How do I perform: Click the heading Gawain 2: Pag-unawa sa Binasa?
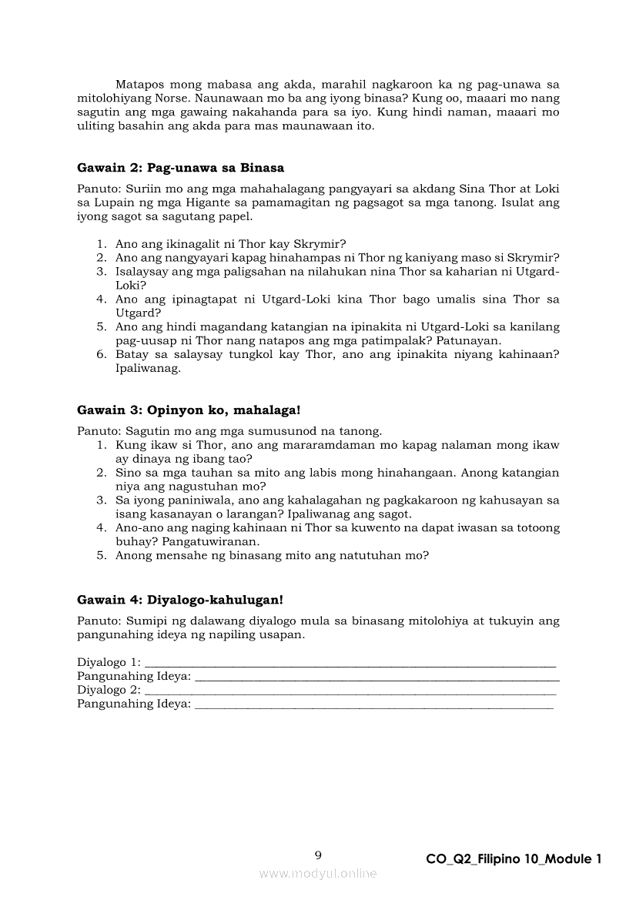[180, 168]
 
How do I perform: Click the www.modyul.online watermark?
[318, 873]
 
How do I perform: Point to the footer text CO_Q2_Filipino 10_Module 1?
[513, 859]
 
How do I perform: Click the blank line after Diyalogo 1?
[350, 664]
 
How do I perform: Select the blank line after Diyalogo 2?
[350, 691]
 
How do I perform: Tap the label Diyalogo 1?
[109, 662]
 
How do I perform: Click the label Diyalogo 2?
[109, 690]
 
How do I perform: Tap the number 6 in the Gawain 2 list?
[101, 354]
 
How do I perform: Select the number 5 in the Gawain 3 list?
[101, 555]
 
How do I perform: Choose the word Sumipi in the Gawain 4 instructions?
[144, 621]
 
